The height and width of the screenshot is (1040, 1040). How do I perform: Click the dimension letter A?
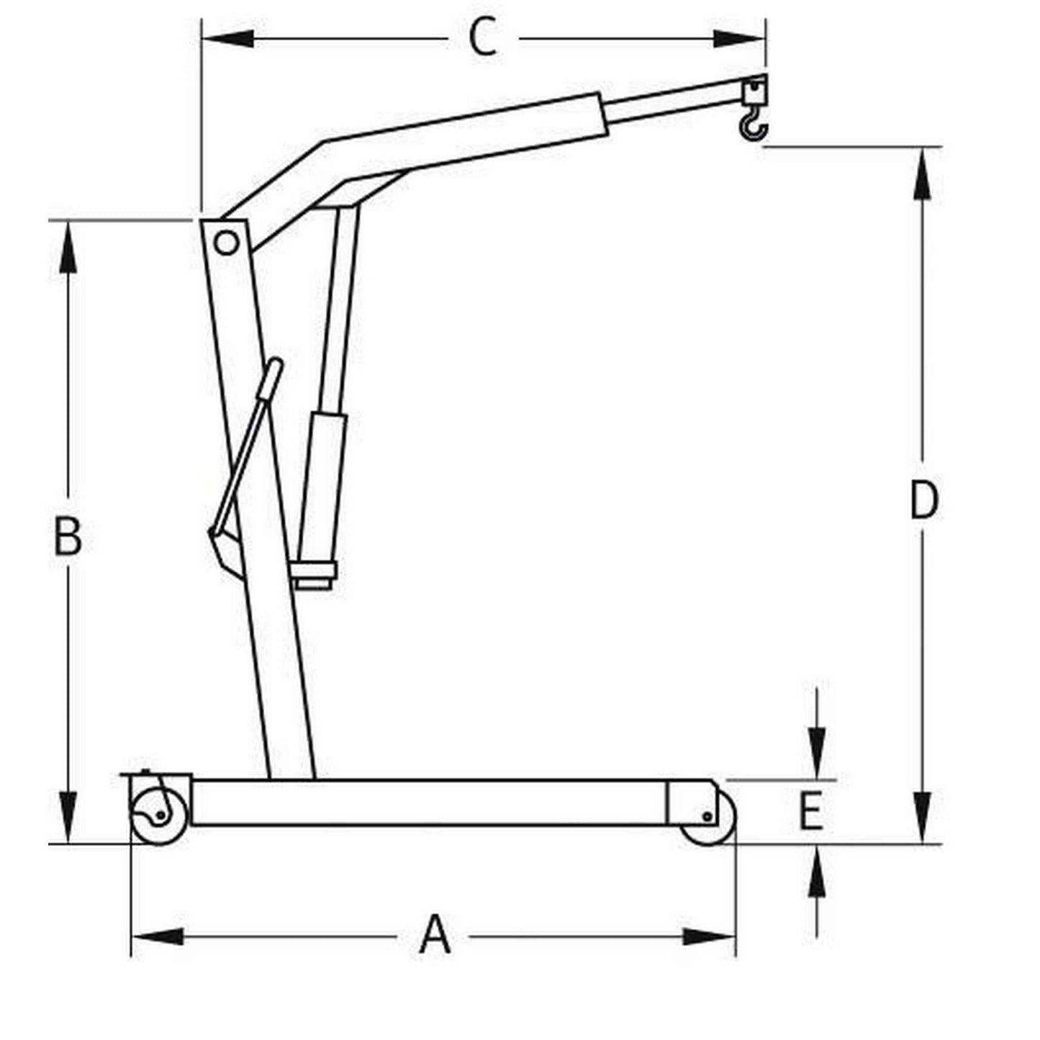pyautogui.click(x=435, y=935)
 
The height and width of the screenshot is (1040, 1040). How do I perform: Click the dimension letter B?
pyautogui.click(x=68, y=537)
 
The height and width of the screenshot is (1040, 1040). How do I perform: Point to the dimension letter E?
pyautogui.click(x=811, y=811)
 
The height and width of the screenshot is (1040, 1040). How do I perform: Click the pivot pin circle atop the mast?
pyautogui.click(x=226, y=243)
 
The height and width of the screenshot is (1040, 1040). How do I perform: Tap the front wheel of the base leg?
pyautogui.click(x=708, y=819)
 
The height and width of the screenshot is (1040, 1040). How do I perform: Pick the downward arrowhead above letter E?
pyautogui.click(x=816, y=752)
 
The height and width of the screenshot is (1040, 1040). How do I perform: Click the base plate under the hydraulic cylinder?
pyautogui.click(x=314, y=576)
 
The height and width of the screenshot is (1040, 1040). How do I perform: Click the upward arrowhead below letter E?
pyautogui.click(x=816, y=874)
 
